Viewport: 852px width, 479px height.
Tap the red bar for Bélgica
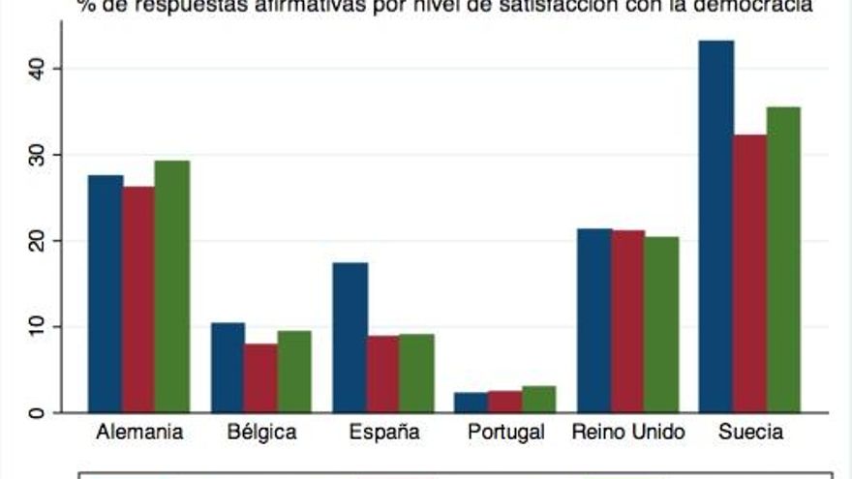(x=260, y=377)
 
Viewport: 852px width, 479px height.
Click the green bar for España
(x=416, y=373)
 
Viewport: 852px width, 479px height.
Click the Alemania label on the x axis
(x=140, y=433)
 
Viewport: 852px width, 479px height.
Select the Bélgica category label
(x=261, y=433)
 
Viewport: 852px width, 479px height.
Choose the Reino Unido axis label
(x=628, y=433)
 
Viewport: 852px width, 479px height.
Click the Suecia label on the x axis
(x=750, y=433)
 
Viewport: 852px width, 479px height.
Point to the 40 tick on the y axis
(x=37, y=69)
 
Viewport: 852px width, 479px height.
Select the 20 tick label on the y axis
(x=37, y=241)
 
